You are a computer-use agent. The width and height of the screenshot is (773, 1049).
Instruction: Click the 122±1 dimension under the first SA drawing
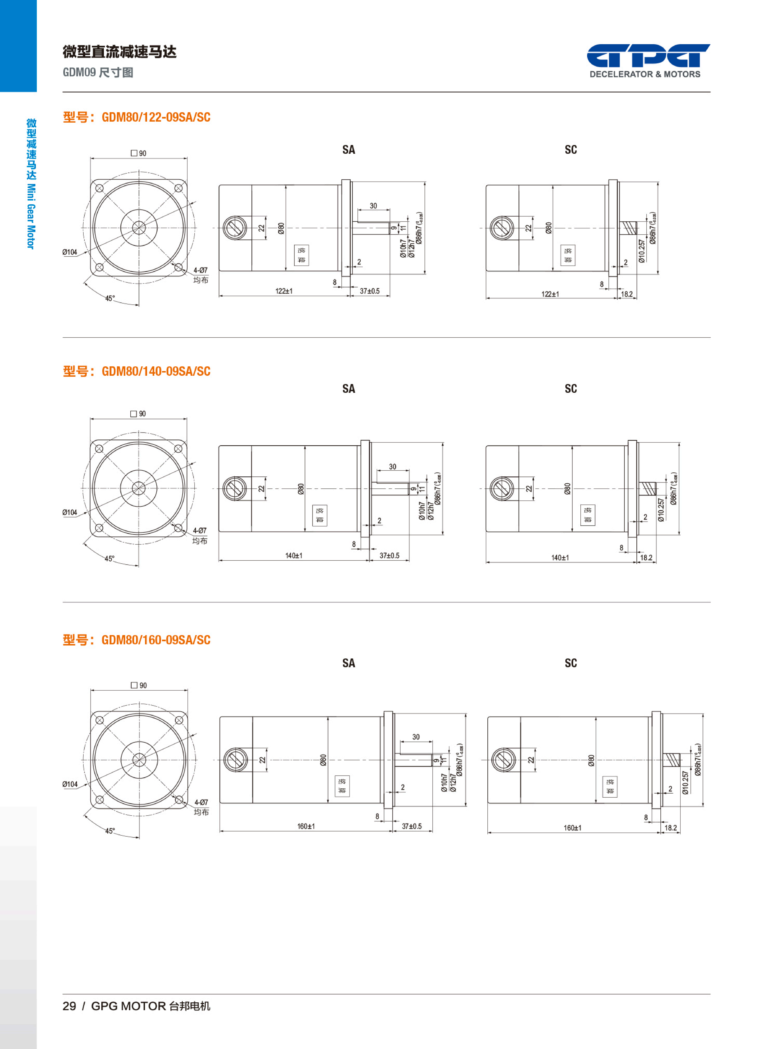283,291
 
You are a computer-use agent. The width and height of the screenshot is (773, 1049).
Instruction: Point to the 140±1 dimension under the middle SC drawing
560,558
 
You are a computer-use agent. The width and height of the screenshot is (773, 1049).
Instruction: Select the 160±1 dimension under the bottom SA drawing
306,826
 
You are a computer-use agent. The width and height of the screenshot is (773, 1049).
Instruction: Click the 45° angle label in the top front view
109,298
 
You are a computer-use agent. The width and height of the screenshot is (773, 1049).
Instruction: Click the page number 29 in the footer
69,1006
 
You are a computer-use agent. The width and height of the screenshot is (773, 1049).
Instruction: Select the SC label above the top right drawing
570,150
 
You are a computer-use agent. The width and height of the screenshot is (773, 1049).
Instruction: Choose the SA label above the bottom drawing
349,663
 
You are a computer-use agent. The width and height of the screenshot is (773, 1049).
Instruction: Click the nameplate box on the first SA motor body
301,255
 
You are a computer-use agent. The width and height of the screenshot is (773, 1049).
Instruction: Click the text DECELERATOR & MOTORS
645,74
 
